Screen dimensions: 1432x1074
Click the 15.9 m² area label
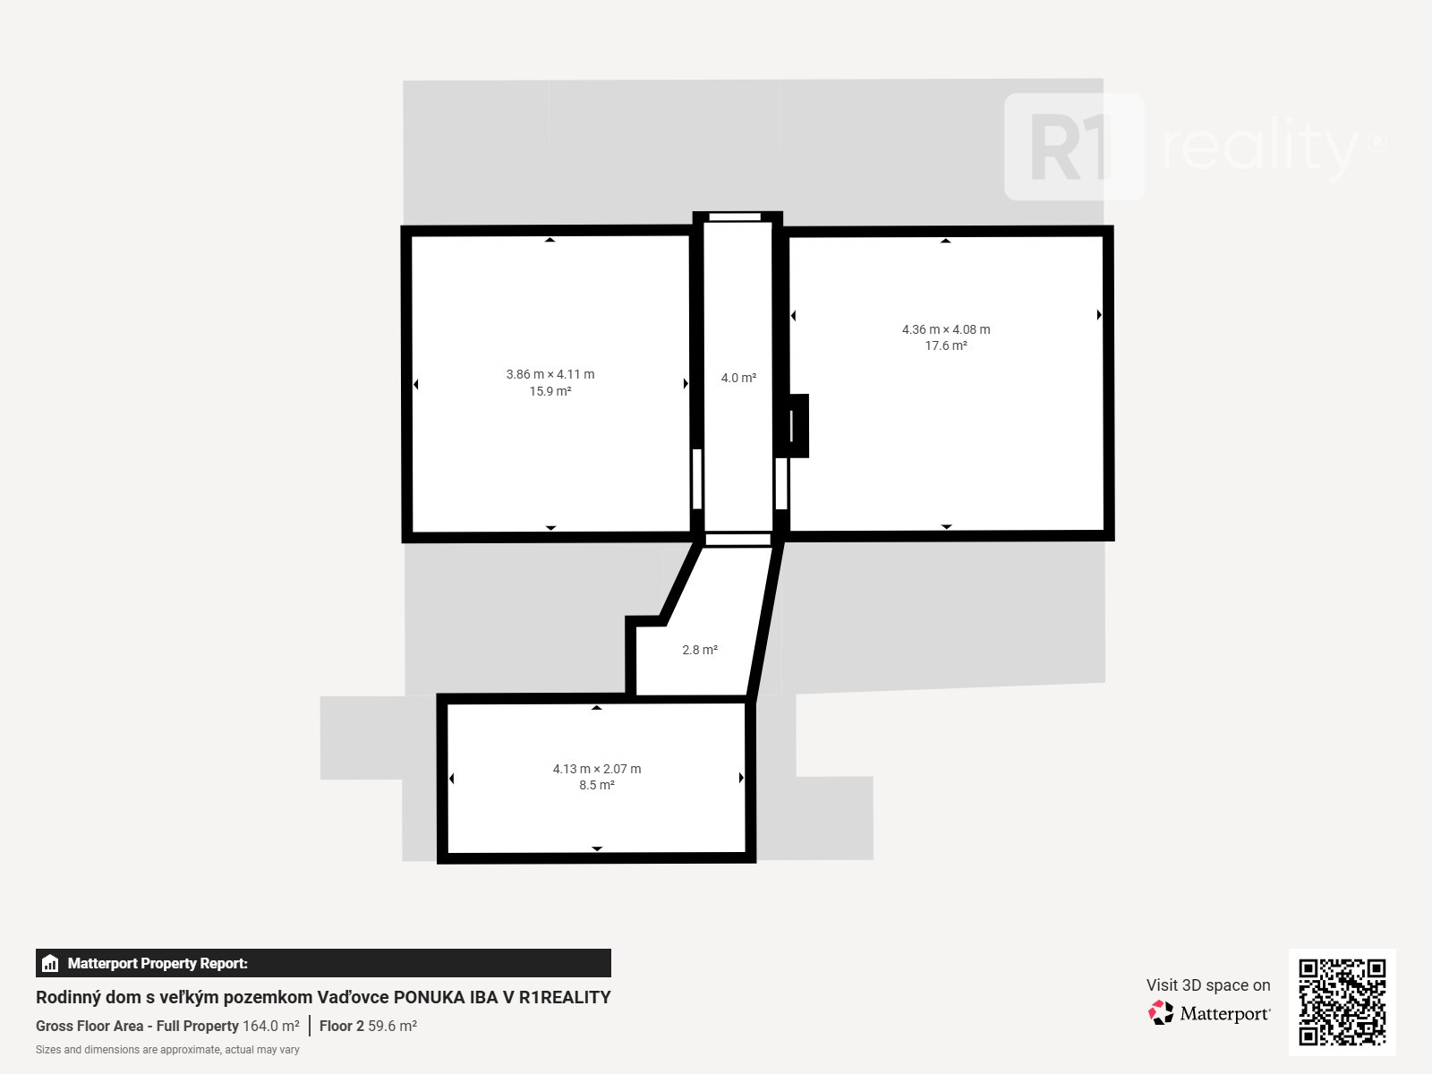pos(550,391)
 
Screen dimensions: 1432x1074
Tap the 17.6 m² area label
pos(946,345)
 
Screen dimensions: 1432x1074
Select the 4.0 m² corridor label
pos(738,378)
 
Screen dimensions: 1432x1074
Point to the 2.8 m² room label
pos(700,650)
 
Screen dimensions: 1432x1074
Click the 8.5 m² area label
pos(597,785)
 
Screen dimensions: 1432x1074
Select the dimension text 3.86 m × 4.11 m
pos(550,374)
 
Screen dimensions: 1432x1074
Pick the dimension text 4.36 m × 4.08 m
pos(946,329)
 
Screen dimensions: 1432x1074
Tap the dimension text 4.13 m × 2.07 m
pos(597,769)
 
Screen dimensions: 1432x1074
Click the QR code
pos(1342,1002)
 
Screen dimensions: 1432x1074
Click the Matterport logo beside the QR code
pos(1209,1013)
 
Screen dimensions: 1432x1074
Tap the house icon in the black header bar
pos(49,963)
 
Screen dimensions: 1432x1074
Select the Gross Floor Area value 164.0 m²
pos(271,1026)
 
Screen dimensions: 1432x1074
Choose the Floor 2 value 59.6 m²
pos(392,1026)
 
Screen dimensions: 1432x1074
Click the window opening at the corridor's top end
pos(735,217)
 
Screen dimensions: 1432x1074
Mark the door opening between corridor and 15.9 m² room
pos(696,479)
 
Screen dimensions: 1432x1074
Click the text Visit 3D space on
pos(1208,984)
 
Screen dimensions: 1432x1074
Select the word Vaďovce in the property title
pos(353,997)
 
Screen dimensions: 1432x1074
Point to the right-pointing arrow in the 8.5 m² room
pos(741,777)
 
